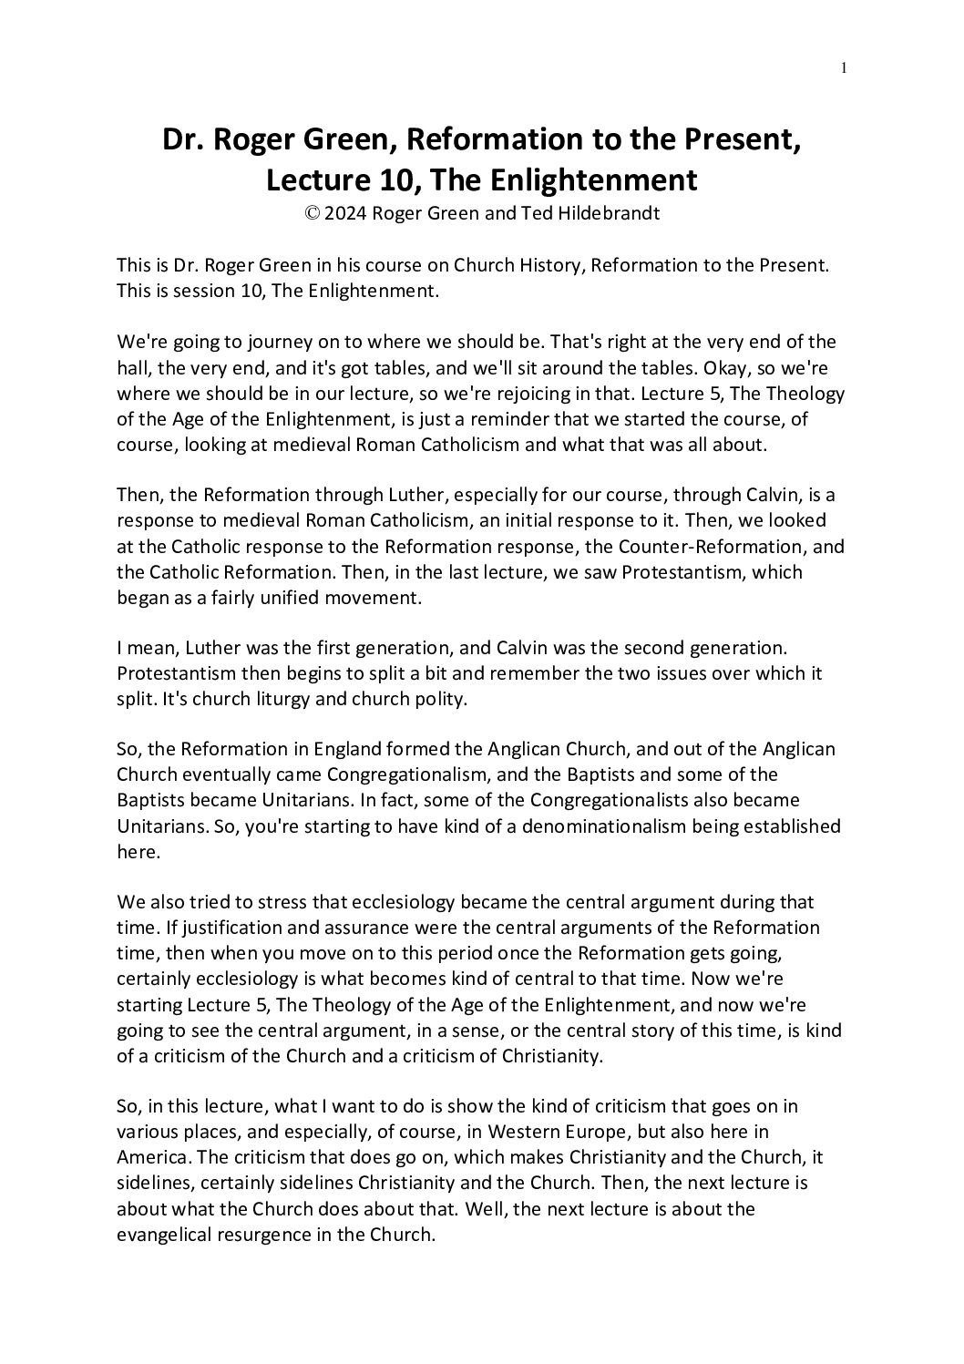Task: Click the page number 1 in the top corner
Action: (845, 67)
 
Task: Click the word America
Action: (150, 1157)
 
